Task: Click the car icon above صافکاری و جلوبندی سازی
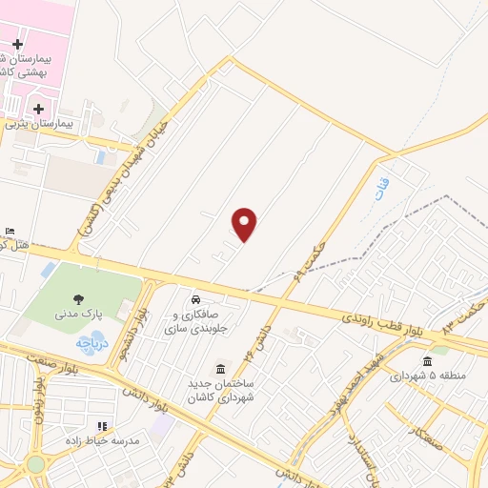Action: [196, 294]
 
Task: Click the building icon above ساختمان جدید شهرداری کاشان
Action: [222, 369]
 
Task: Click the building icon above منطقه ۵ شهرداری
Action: [427, 360]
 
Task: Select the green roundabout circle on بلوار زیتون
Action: [35, 464]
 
